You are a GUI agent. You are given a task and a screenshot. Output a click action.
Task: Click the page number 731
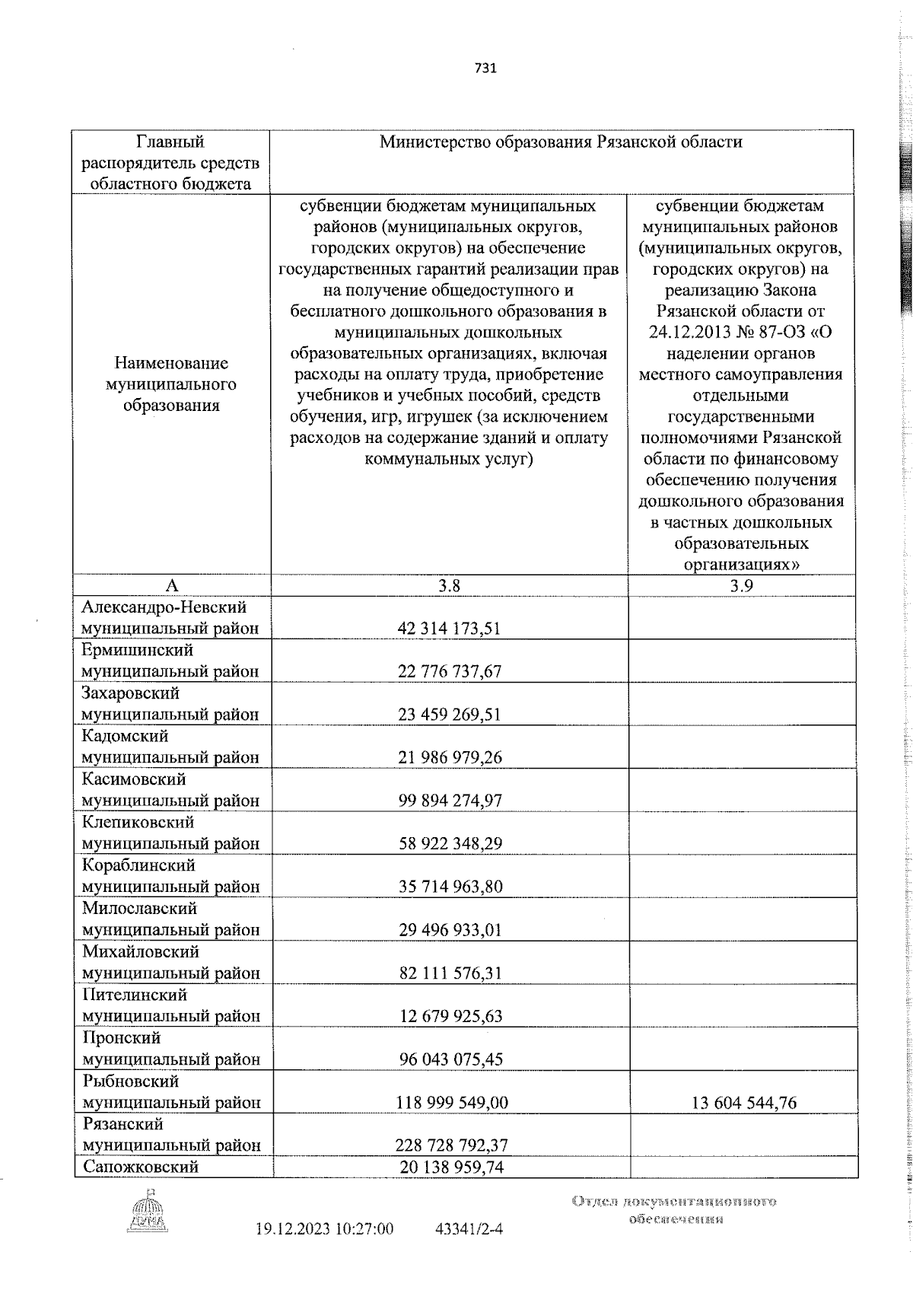pyautogui.click(x=485, y=68)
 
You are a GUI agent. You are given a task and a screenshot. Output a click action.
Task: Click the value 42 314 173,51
pyautogui.click(x=449, y=629)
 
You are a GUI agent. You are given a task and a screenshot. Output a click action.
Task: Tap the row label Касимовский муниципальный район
pyautogui.click(x=170, y=790)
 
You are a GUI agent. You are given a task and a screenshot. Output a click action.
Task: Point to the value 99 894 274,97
pyautogui.click(x=449, y=801)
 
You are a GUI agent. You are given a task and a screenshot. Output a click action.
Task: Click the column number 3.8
pyautogui.click(x=449, y=585)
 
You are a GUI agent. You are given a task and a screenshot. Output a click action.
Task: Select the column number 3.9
pyautogui.click(x=742, y=585)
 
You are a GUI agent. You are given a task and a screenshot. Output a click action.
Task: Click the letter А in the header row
pyautogui.click(x=172, y=585)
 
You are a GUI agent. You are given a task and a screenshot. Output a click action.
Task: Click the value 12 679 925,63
pyautogui.click(x=449, y=1016)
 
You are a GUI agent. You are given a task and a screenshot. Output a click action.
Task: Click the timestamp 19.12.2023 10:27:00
pyautogui.click(x=325, y=1250)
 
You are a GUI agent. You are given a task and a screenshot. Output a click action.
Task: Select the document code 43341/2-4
pyautogui.click(x=469, y=1250)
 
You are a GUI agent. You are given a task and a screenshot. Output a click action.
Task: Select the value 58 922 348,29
pyautogui.click(x=449, y=843)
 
